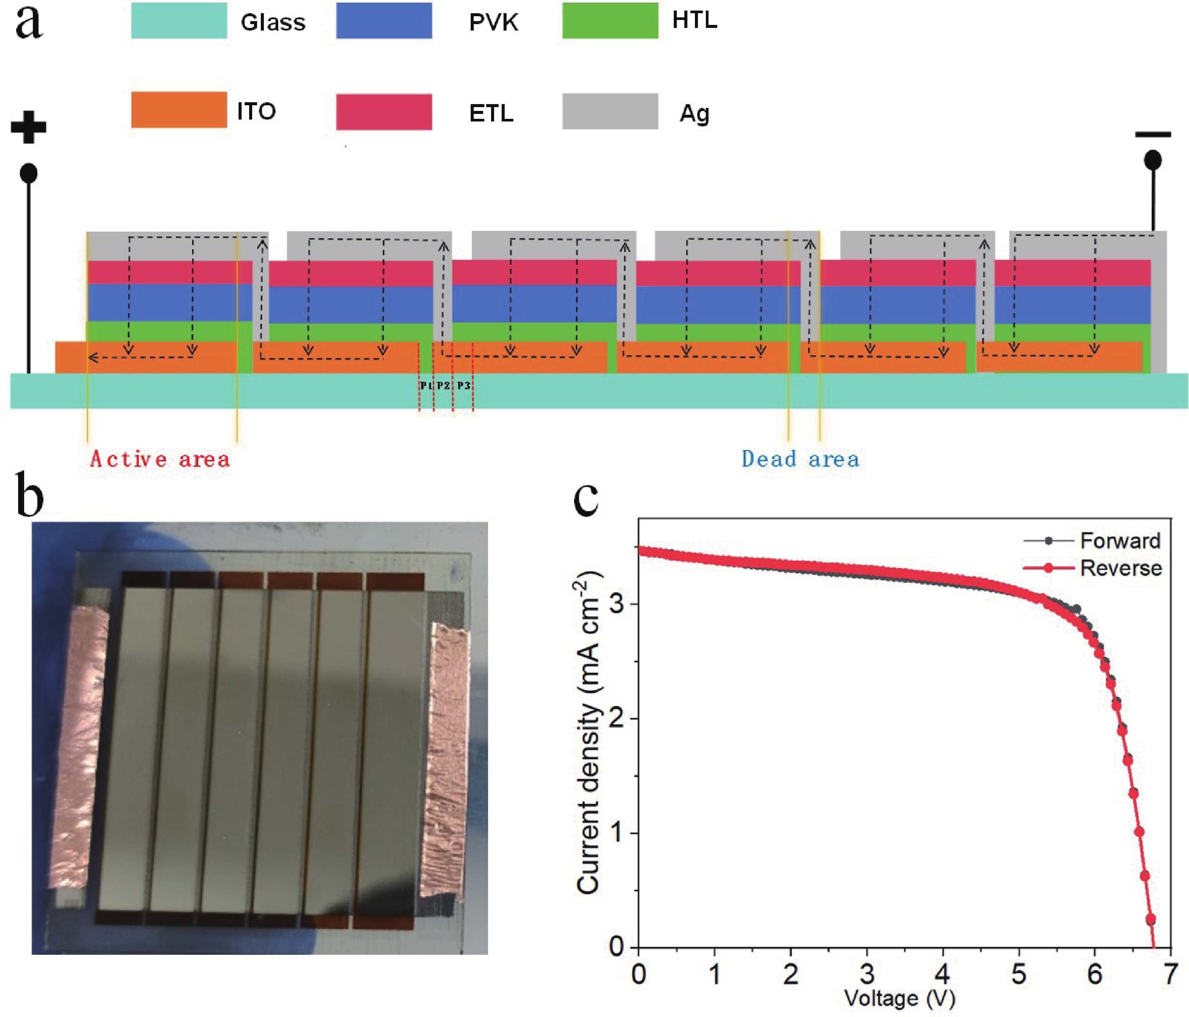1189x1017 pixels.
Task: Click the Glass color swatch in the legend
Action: (179, 21)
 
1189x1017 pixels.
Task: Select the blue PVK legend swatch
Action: (384, 21)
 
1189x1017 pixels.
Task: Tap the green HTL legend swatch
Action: (610, 21)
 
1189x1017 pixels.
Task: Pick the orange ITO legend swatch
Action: (179, 110)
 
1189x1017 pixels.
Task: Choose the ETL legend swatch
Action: (384, 112)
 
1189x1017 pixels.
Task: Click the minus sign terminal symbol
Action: (1153, 135)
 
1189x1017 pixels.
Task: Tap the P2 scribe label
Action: (443, 386)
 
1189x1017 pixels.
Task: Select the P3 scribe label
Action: (464, 386)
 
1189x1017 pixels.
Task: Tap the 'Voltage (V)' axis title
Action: (900, 999)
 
